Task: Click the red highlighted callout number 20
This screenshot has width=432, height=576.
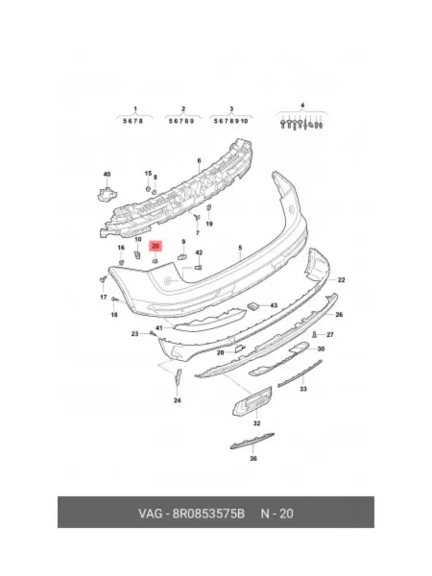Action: [x=156, y=246]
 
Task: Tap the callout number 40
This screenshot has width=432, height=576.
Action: [x=107, y=174]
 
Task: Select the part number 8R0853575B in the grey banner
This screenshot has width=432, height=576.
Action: [x=208, y=514]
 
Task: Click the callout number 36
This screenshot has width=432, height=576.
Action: [x=253, y=459]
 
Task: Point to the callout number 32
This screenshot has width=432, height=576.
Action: [x=256, y=423]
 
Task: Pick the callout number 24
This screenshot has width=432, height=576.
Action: [x=177, y=400]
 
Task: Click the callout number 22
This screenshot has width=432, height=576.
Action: [x=341, y=280]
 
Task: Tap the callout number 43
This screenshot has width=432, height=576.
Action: [x=274, y=305]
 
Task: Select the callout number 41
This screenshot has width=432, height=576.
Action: [x=159, y=327]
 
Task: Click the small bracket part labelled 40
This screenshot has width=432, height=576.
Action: [x=107, y=193]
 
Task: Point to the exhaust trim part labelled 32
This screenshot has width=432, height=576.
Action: [x=252, y=401]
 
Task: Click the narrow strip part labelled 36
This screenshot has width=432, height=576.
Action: [x=252, y=442]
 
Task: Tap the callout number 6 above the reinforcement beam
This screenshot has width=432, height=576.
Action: [x=199, y=160]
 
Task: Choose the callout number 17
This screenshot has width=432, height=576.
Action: [x=104, y=297]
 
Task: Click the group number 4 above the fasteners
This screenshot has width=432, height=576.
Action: [x=302, y=106]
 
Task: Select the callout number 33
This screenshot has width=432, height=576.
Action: [x=303, y=389]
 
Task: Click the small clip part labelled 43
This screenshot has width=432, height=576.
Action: [x=252, y=305]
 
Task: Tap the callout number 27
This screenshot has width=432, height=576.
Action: [x=330, y=335]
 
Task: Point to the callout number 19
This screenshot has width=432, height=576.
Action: [x=209, y=224]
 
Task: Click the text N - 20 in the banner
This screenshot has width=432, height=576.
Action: [x=277, y=514]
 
